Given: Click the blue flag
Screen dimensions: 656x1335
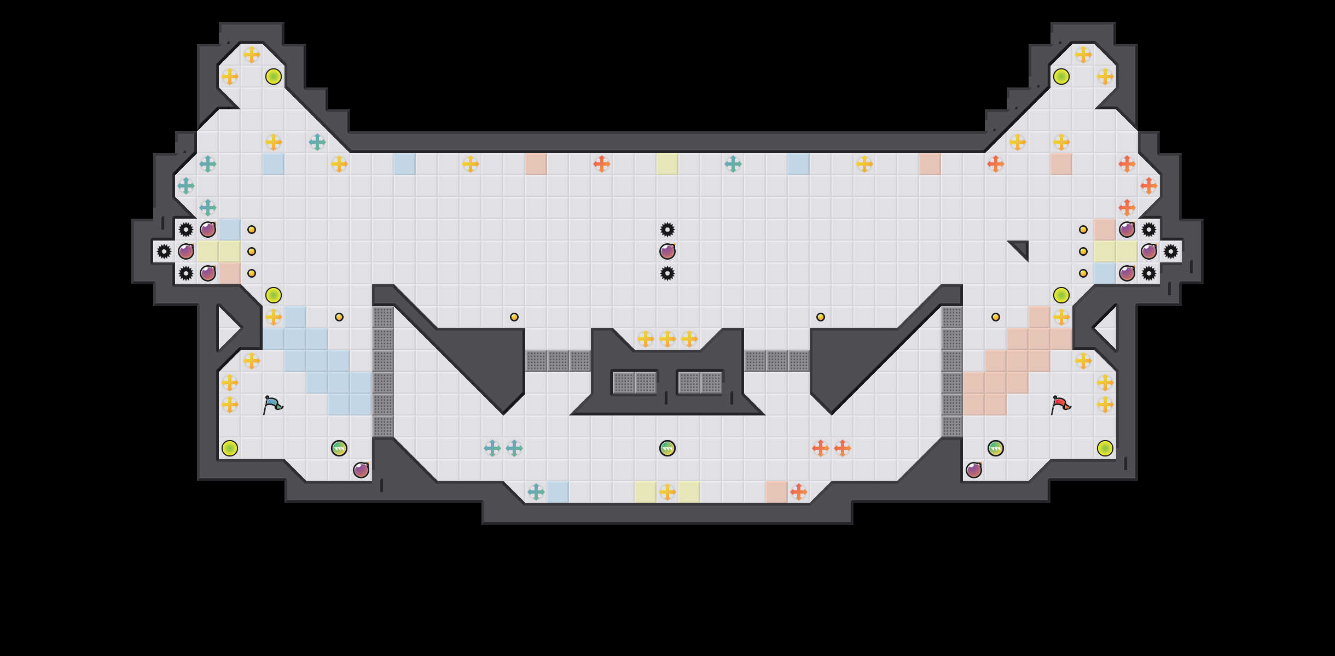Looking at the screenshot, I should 272,405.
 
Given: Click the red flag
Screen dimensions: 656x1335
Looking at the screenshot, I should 1060,405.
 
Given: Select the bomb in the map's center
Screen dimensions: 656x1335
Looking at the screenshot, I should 667,251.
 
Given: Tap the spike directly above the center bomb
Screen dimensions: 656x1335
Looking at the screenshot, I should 667,230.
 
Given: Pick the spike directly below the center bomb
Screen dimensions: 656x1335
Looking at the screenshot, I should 667,273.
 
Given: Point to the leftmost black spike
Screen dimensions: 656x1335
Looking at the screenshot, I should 164,251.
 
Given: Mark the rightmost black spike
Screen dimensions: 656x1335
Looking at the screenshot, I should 1171,251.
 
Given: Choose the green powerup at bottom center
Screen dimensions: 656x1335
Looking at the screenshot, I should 667,448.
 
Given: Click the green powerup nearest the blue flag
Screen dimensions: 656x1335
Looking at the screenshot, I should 339,448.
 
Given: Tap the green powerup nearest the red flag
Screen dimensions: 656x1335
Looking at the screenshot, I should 996,448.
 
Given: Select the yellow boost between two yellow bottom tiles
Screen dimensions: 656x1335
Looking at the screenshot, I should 667,492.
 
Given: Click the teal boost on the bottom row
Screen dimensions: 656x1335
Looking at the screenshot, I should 536,492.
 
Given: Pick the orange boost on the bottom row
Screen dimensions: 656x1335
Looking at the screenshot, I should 799,492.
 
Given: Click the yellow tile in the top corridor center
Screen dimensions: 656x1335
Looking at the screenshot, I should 667,164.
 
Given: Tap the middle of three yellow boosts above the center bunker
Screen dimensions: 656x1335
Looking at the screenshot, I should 667,339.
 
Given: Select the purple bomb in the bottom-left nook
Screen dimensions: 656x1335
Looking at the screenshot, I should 361,470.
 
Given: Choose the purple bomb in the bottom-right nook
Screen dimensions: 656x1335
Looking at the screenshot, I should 974,470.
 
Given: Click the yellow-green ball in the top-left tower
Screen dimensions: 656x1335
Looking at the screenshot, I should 274,77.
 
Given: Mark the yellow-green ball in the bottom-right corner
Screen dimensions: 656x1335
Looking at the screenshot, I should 1105,448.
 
